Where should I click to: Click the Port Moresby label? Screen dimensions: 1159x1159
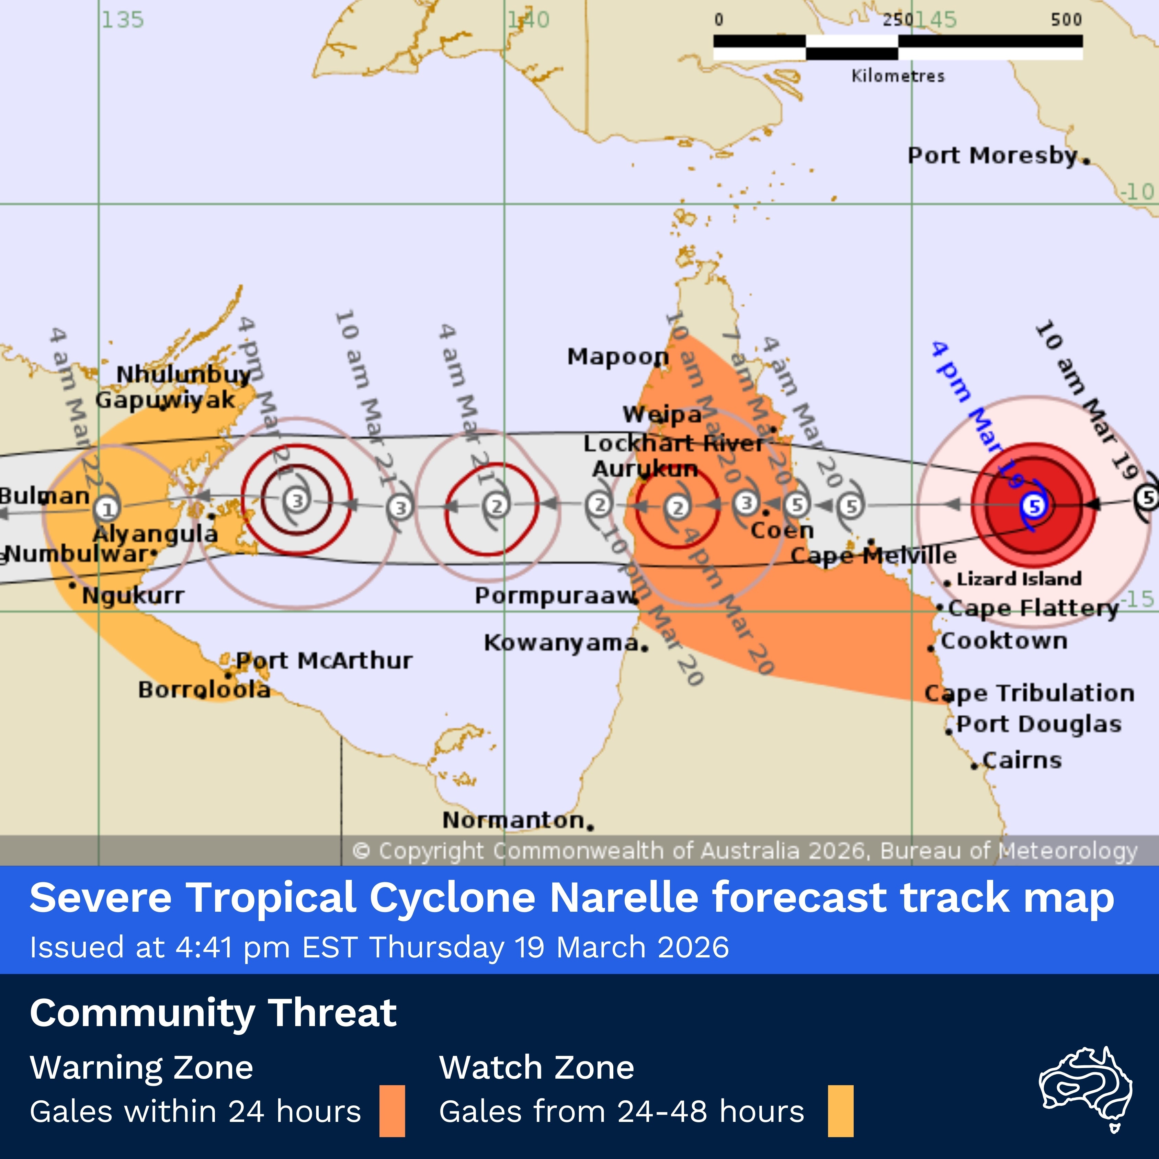pos(993,155)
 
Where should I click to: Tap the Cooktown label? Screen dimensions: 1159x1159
pos(1004,641)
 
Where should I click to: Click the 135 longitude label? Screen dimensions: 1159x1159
pos(122,20)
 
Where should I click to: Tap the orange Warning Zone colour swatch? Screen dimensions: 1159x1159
pos(392,1111)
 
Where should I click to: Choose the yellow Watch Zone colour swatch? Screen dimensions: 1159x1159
pos(840,1111)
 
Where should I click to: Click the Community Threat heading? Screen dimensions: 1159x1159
pos(213,1013)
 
